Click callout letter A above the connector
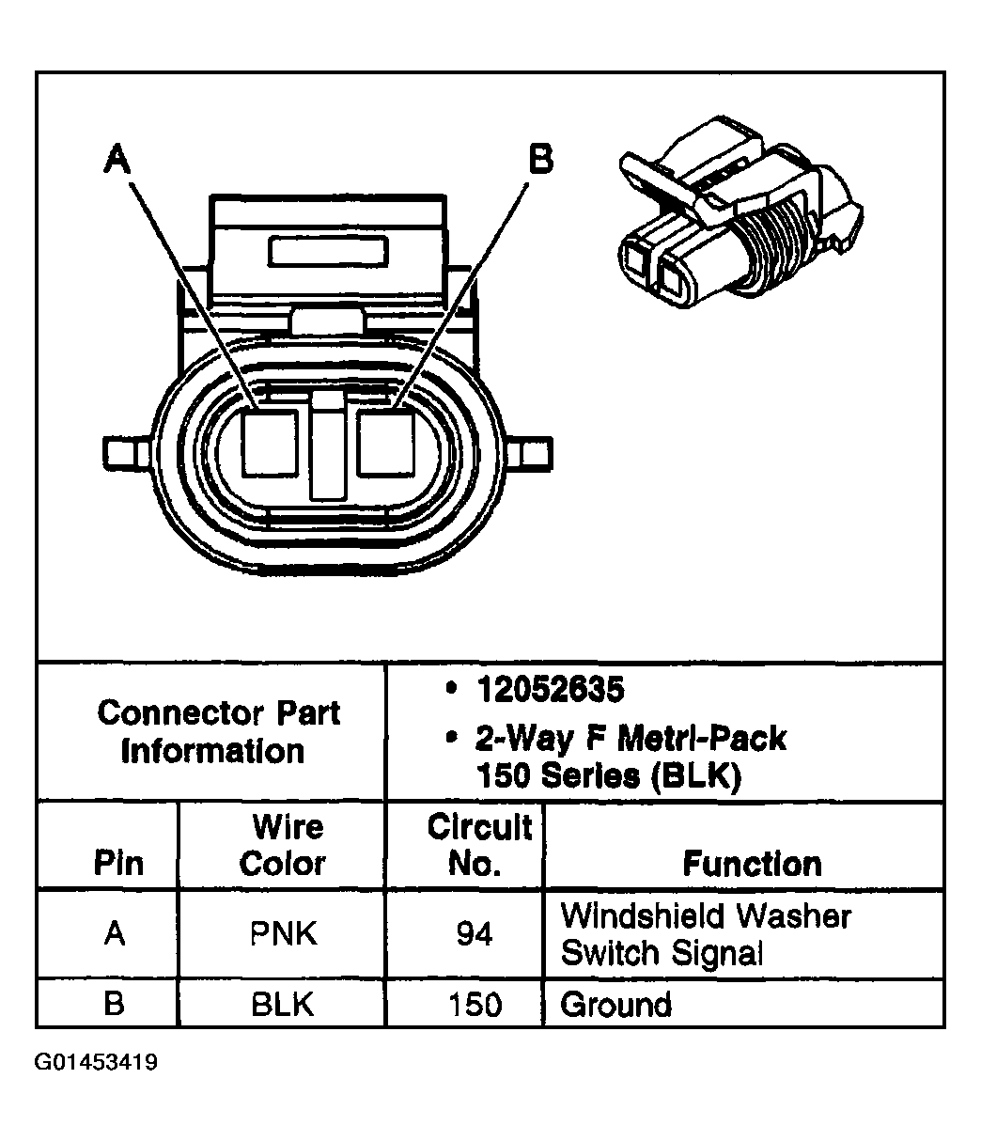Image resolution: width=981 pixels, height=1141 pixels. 116,158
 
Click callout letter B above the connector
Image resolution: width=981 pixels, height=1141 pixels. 539,158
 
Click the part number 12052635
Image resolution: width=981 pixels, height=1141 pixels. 550,691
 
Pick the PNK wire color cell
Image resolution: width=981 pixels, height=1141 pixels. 283,934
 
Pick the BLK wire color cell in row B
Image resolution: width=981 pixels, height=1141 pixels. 283,1005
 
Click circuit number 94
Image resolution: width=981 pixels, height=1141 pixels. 474,934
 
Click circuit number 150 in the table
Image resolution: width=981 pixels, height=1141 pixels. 475,1005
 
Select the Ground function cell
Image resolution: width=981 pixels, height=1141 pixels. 616,1005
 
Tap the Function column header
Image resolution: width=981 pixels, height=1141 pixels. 752,863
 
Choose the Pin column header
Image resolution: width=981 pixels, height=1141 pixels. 118,863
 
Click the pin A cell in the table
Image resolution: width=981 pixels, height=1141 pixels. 115,934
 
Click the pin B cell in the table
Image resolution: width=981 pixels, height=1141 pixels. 115,1005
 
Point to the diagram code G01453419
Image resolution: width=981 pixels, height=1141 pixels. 97,1063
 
